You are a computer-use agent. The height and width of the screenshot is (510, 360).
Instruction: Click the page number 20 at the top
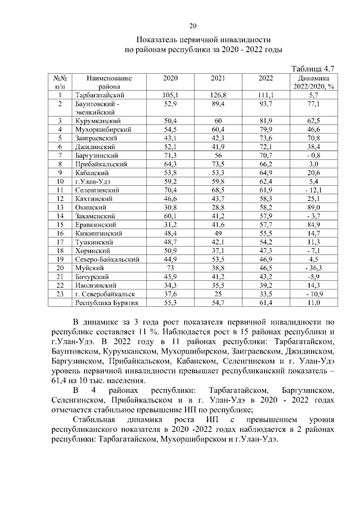click(192, 26)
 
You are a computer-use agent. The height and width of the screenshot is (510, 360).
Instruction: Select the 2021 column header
click(218, 78)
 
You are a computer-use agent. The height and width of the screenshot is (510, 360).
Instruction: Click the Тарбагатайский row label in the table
click(100, 96)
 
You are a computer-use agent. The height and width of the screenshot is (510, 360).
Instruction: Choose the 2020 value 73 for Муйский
click(170, 270)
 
